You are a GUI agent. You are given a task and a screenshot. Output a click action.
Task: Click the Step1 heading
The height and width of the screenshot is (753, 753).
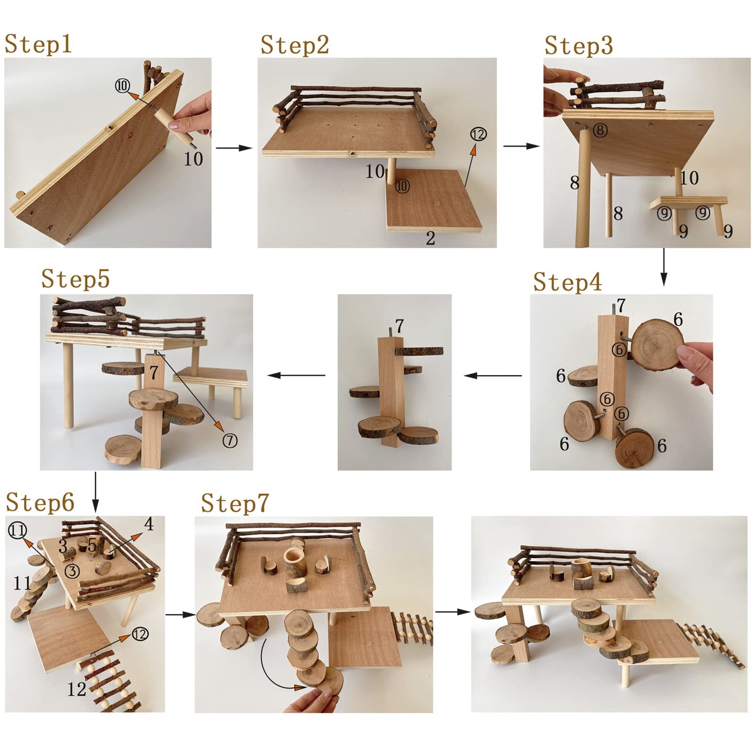coord(38,44)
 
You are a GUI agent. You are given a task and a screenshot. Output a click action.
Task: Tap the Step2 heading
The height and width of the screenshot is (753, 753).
coord(295,45)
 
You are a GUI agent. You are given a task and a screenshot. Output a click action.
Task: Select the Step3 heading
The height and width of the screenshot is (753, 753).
coord(578,46)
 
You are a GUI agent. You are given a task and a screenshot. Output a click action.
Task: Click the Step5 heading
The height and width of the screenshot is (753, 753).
coord(75,278)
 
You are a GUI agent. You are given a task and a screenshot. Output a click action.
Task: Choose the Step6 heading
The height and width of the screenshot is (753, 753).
coord(40,502)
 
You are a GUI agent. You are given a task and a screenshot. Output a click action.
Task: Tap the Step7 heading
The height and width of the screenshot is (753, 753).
coord(235,503)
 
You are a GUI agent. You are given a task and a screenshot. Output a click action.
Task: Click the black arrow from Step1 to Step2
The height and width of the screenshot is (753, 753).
coord(234,148)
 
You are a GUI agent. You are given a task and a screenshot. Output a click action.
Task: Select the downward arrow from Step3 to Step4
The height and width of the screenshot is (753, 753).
coord(664,267)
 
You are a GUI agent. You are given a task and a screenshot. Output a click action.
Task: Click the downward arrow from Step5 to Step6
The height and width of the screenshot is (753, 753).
coord(96,492)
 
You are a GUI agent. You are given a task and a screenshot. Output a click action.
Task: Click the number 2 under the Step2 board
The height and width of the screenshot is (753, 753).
coord(430,239)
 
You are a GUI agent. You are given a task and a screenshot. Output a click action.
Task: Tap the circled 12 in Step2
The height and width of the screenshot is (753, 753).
coord(478,135)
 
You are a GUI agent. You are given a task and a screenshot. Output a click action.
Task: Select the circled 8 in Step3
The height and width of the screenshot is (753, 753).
coord(600,130)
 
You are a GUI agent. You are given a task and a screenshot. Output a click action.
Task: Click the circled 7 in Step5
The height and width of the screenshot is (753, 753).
coord(230,441)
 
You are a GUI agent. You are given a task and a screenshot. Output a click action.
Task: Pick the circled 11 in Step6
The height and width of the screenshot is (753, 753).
coord(17,531)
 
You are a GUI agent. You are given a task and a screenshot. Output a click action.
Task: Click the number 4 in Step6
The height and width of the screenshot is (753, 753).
coord(149,524)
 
